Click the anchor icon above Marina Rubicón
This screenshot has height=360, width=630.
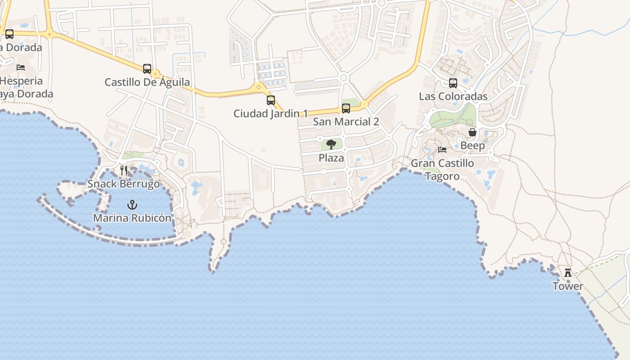pyautogui.click(x=132, y=205)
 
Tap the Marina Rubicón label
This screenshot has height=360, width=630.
pyautogui.click(x=132, y=218)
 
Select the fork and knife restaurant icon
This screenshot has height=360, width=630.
pyautogui.click(x=124, y=171)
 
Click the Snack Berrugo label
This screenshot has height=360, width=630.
pyautogui.click(x=124, y=184)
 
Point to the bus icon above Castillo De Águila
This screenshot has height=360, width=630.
pyautogui.click(x=147, y=69)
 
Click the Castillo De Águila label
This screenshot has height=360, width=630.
pyautogui.click(x=147, y=82)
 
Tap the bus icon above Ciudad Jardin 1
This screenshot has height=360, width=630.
pyautogui.click(x=271, y=100)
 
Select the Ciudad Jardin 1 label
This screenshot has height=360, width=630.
pyautogui.click(x=271, y=114)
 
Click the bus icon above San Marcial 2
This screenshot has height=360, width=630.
pyautogui.click(x=346, y=108)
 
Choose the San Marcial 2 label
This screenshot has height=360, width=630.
pyautogui.click(x=346, y=122)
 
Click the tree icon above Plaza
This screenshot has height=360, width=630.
pyautogui.click(x=331, y=144)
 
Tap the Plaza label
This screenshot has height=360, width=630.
pyautogui.click(x=331, y=158)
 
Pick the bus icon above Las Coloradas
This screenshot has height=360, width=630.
pyautogui.click(x=453, y=83)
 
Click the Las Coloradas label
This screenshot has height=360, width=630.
pyautogui.click(x=453, y=97)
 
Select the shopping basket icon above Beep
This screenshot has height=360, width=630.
pyautogui.click(x=472, y=132)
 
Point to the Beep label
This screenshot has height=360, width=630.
pyautogui.click(x=472, y=146)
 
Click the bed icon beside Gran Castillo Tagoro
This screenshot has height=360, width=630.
pyautogui.click(x=442, y=150)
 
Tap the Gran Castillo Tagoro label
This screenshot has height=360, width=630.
pyautogui.click(x=442, y=169)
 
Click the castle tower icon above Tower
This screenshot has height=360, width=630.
pyautogui.click(x=568, y=273)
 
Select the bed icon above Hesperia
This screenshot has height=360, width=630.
pyautogui.click(x=21, y=67)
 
